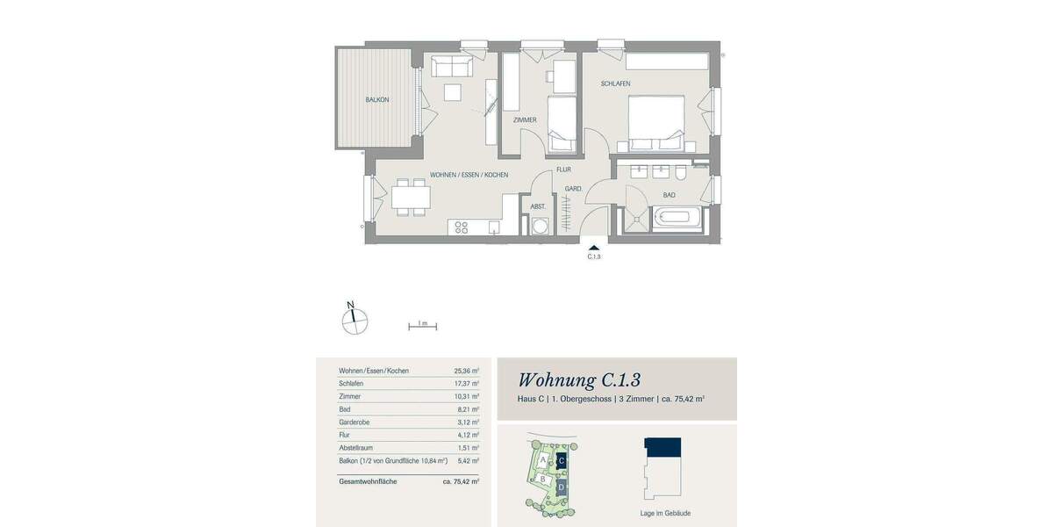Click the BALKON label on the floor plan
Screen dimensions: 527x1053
coord(377,100)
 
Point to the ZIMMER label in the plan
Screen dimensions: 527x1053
coord(525,119)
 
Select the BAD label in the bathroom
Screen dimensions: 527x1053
coord(669,195)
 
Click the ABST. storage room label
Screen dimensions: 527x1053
coord(538,206)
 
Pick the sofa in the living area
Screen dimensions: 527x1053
coord(448,65)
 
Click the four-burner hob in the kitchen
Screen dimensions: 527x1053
coord(460,227)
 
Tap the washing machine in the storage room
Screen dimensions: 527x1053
coord(539,226)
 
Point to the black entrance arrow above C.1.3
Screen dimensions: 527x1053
coord(594,249)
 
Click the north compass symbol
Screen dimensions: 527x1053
coord(355,320)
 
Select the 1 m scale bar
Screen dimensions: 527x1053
coord(422,326)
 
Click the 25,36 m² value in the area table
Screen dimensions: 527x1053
coord(466,372)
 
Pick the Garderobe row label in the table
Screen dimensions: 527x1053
coord(357,422)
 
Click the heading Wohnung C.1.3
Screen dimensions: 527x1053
coord(579,379)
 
